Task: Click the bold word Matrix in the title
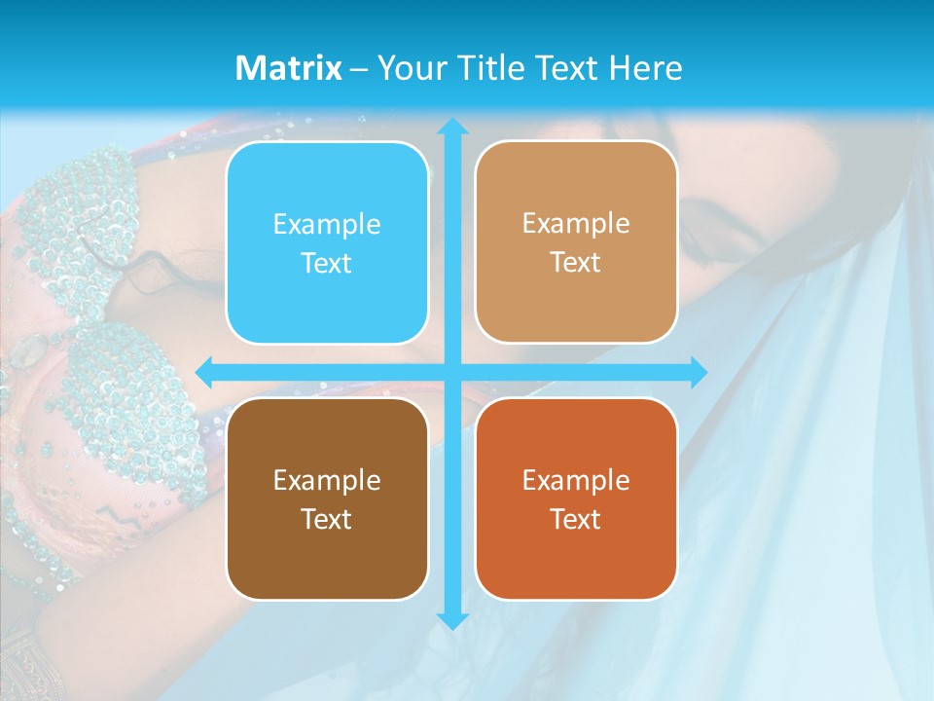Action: [289, 68]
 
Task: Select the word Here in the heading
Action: [645, 68]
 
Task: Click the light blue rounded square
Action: [327, 242]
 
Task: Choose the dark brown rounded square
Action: [327, 498]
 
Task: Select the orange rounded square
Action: [576, 498]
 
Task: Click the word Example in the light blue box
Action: [327, 225]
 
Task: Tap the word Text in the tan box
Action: [576, 262]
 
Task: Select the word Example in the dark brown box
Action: [327, 481]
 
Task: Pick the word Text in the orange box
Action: [576, 519]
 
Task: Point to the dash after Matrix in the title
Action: [359, 69]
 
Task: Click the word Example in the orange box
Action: [576, 481]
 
